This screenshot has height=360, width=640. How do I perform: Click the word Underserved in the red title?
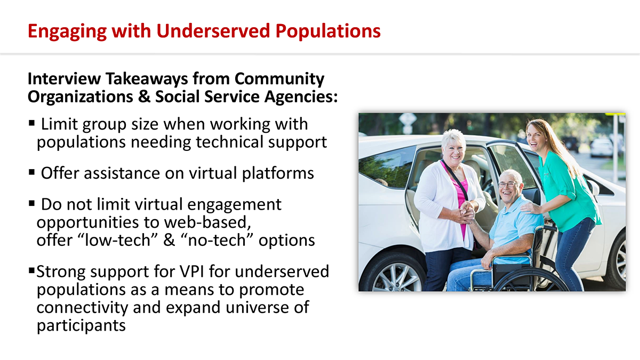[213, 31]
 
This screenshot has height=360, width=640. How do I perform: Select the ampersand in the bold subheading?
[145, 97]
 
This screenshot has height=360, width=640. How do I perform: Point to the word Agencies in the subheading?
[301, 97]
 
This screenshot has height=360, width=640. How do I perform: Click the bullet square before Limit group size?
[31, 123]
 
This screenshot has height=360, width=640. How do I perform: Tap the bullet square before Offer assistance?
[31, 172]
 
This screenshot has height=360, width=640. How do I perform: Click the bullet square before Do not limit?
[31, 203]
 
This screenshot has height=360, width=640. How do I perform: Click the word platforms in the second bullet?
[278, 174]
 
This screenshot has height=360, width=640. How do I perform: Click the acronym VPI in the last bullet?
[191, 271]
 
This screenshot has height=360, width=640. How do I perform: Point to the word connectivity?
[82, 308]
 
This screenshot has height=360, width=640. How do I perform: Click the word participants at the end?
[81, 326]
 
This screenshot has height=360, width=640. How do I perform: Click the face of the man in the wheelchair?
[509, 186]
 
